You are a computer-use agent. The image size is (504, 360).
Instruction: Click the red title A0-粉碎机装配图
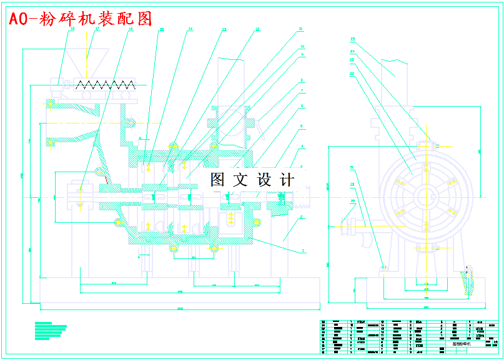pos(81,19)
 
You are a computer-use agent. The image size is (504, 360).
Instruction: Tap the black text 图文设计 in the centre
pos(252,180)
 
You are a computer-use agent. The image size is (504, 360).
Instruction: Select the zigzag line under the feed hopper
pos(106,85)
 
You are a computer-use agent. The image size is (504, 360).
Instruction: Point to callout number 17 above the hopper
pos(97,29)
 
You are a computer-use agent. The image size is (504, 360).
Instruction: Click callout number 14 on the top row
pos(190,29)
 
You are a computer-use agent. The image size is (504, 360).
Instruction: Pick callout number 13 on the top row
pos(224,29)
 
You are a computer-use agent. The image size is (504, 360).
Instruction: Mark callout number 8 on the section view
pos(302,80)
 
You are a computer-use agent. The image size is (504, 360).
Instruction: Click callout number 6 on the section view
pos(302,106)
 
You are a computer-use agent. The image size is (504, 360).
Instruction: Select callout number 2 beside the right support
pos(302,217)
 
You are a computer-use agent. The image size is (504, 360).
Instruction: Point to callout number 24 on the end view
pos(352,51)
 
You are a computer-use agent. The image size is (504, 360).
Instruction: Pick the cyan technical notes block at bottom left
pos(51,331)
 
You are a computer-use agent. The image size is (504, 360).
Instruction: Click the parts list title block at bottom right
pos(409,337)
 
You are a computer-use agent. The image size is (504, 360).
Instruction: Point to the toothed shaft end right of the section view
pos(303,201)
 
